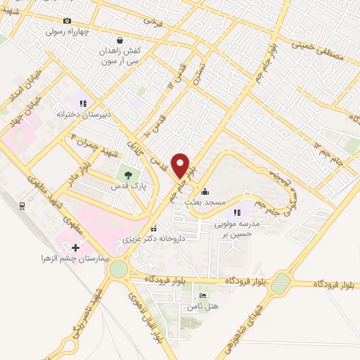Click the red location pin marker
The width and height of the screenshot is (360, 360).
pos(181,166)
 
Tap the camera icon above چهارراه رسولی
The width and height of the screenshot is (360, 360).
pos(67,21)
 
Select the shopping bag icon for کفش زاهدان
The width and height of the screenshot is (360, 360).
pos(122,41)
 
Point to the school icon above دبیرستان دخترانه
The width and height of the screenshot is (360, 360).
pos(83,103)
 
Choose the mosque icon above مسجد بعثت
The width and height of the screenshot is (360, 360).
pos(205,191)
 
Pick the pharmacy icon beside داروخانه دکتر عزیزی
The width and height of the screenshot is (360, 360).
pos(153,229)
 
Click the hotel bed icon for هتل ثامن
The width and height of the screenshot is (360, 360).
pos(203,296)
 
